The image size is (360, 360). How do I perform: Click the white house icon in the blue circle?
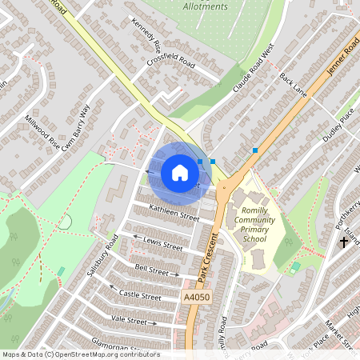(x=179, y=173)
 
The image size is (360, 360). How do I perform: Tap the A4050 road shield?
(x=196, y=297)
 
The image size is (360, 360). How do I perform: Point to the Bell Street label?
(x=152, y=270)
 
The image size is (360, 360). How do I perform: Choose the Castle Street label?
(x=140, y=296)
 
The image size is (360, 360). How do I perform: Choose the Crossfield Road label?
(x=171, y=61)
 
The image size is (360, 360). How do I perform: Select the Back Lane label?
(x=294, y=85)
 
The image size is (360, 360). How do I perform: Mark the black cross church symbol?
(x=344, y=241)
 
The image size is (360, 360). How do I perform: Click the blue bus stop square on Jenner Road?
(x=255, y=150)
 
